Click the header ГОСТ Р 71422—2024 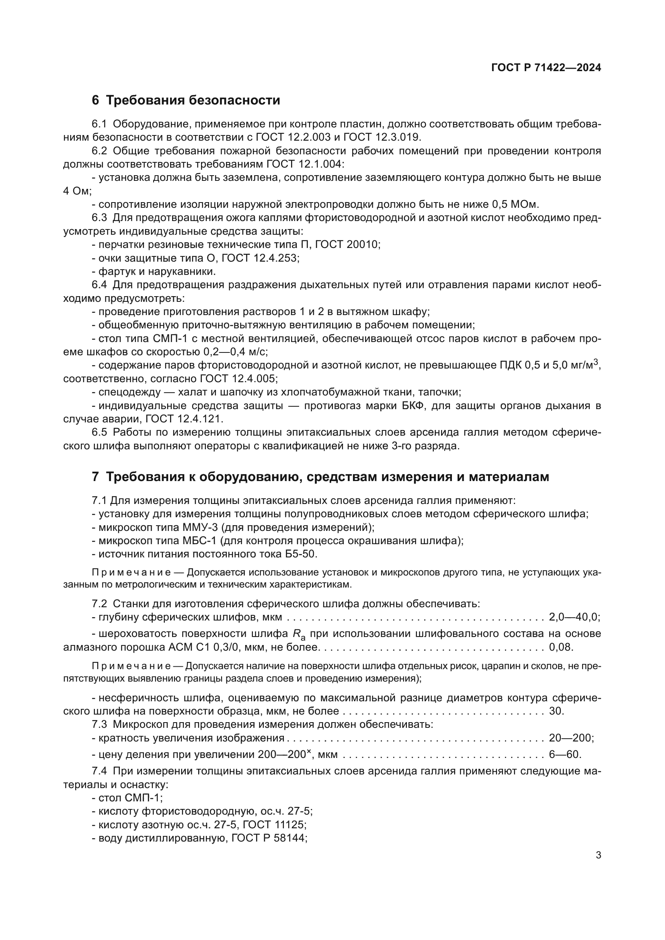point(546,68)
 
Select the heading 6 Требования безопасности point(186,100)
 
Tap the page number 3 point(598,855)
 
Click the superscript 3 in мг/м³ point(596,362)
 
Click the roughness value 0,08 point(561,647)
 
